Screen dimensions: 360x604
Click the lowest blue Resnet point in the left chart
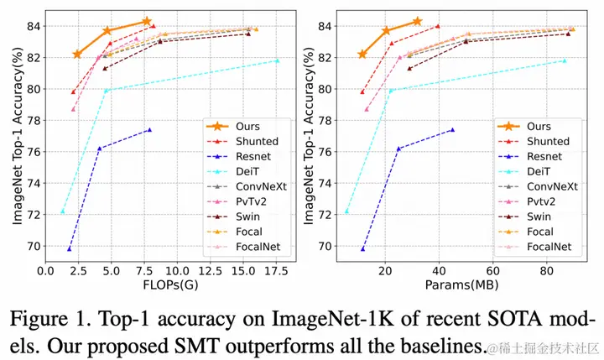pyautogui.click(x=69, y=249)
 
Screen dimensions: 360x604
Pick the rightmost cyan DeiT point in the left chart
pyautogui.click(x=277, y=60)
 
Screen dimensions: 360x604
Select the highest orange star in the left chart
pyautogui.click(x=147, y=21)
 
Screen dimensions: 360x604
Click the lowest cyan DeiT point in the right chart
pyautogui.click(x=346, y=211)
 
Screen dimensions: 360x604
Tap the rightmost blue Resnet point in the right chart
pyautogui.click(x=452, y=130)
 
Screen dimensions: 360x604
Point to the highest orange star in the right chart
pyautogui.click(x=418, y=21)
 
